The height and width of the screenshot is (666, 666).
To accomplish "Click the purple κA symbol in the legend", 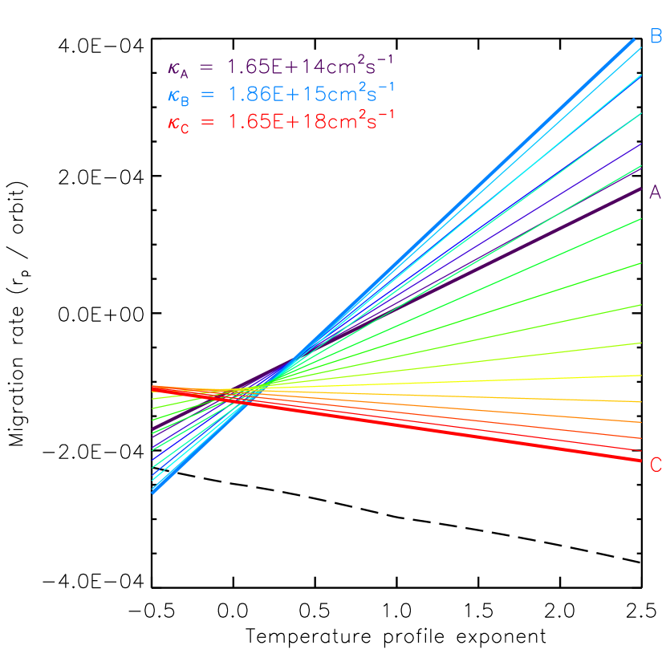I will tap(177, 70).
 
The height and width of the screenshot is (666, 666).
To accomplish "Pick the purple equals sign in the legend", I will tap(207, 67).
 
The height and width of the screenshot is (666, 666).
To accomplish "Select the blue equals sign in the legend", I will tap(207, 95).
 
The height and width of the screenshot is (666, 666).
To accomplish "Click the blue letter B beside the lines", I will tap(656, 36).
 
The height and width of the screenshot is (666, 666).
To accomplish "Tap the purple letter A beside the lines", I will tap(655, 193).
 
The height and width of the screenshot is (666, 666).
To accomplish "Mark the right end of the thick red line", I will tap(640, 460).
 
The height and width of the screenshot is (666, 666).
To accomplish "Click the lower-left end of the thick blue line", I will tap(152, 492).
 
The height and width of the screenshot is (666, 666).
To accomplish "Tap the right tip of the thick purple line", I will tap(640, 189).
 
